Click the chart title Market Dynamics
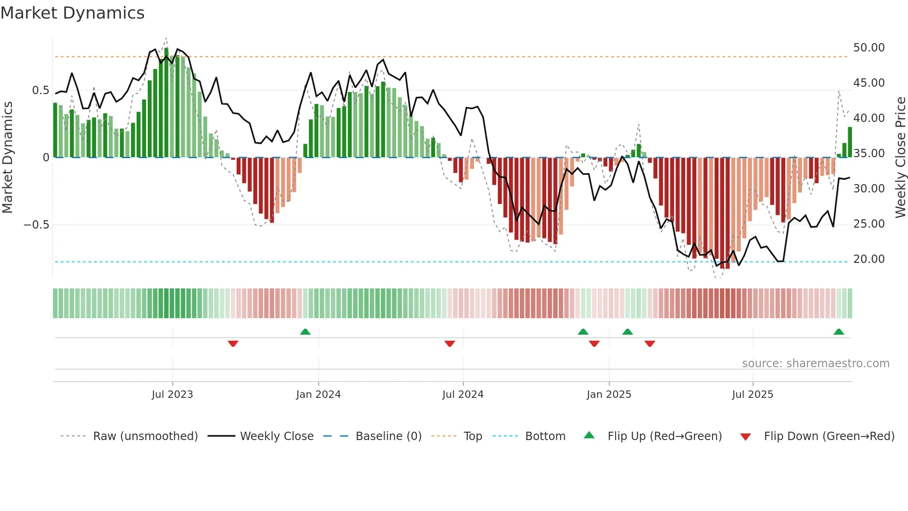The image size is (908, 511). click(72, 13)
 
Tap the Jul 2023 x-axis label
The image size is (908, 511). click(172, 395)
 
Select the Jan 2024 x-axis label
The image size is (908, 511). click(318, 395)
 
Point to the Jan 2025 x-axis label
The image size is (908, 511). click(609, 395)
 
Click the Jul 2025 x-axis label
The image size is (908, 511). click(752, 395)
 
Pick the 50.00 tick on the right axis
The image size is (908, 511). click(869, 48)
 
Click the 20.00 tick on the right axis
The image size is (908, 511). click(869, 259)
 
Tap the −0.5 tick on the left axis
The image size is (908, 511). click(36, 225)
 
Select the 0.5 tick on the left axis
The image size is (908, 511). click(40, 90)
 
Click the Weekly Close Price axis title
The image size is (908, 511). click(900, 158)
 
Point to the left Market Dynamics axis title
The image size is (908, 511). click(7, 158)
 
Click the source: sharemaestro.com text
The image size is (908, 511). click(815, 364)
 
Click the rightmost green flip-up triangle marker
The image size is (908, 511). click(839, 332)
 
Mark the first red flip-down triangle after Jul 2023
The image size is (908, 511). click(233, 344)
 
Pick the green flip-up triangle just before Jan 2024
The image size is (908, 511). click(305, 332)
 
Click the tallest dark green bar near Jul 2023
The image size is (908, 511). click(166, 102)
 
